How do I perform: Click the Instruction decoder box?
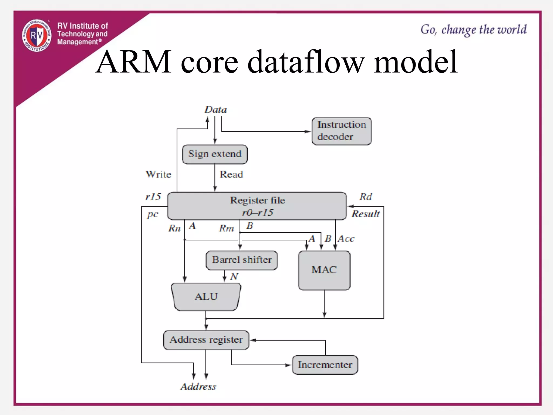click(342, 131)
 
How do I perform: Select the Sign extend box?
click(215, 154)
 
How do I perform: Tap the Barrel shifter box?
click(242, 260)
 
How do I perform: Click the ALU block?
click(206, 297)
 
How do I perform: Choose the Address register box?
click(206, 340)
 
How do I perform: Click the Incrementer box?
click(325, 365)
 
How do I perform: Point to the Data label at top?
click(215, 110)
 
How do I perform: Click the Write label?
click(158, 174)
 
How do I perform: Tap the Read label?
click(231, 174)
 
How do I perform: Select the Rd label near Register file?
click(366, 197)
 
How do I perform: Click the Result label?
click(366, 214)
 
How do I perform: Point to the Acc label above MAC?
click(346, 239)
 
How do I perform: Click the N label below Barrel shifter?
click(234, 276)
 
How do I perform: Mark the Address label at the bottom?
click(198, 387)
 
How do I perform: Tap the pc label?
click(152, 215)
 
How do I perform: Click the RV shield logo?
click(37, 35)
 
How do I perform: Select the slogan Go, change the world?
click(473, 29)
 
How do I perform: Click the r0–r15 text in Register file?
click(257, 212)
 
